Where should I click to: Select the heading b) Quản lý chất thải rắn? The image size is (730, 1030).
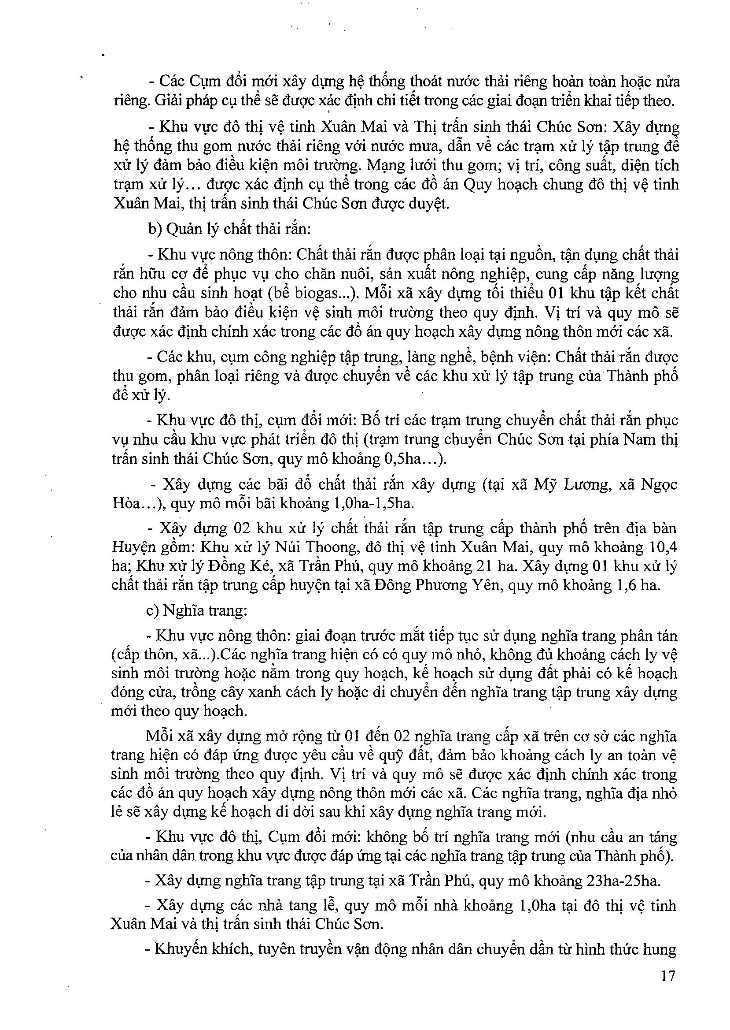[x=230, y=230]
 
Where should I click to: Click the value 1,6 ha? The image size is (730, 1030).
[x=640, y=585]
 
